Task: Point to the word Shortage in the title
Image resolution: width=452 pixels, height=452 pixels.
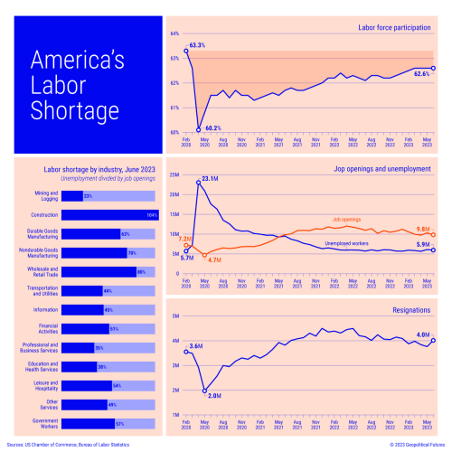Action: [x=75, y=111]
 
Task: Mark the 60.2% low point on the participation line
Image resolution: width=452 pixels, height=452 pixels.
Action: [x=198, y=129]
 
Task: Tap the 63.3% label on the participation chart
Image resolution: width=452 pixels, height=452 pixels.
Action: [x=197, y=44]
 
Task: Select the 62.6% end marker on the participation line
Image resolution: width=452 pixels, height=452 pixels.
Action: [x=433, y=68]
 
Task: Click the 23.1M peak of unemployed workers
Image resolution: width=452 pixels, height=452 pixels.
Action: [x=198, y=184]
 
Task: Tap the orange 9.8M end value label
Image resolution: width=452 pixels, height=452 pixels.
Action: [x=422, y=229]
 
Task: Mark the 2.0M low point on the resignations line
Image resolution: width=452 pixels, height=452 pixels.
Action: [x=204, y=391]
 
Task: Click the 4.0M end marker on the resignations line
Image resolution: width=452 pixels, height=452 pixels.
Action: [x=433, y=341]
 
